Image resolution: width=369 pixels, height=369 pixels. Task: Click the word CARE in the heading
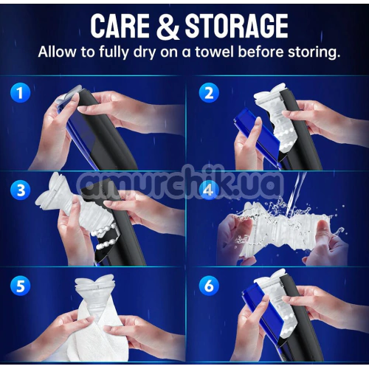click(x=120, y=25)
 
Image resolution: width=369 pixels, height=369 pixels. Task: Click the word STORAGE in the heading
click(x=236, y=25)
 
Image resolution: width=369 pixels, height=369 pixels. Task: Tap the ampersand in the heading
click(x=168, y=26)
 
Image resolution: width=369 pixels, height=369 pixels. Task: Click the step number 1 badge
click(x=20, y=93)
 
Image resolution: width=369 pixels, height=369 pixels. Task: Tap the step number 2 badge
click(x=209, y=93)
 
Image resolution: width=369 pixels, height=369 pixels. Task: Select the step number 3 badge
click(x=20, y=190)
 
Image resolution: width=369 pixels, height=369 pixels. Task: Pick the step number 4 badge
click(x=209, y=190)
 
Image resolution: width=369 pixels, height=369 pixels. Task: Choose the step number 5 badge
click(x=20, y=286)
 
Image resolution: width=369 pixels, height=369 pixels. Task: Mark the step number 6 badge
click(x=209, y=286)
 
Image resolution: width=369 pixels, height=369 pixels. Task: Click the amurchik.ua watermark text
click(x=179, y=183)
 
